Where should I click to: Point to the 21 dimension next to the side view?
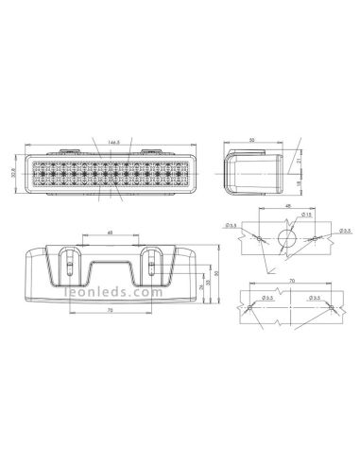300,163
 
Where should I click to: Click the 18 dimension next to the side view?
300,187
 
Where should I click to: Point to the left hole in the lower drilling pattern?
248,308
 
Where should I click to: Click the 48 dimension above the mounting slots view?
111,232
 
